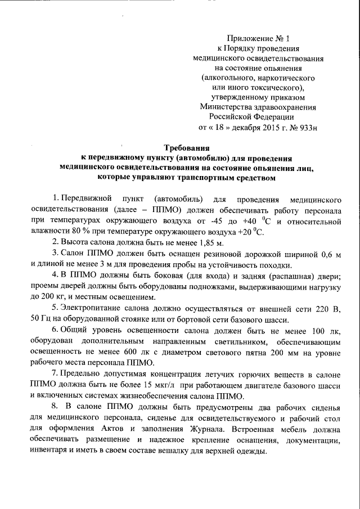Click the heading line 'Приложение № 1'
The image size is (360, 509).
tap(260, 39)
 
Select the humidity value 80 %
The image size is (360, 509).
tap(81, 232)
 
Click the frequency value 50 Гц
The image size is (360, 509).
tap(40, 319)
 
